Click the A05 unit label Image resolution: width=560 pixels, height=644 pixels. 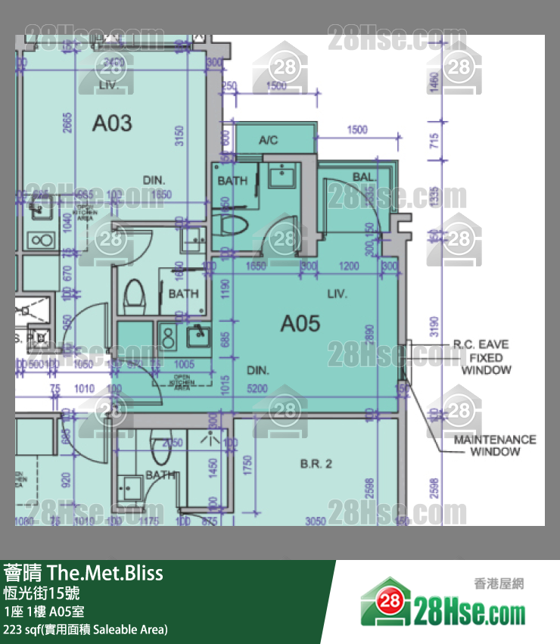[x=300, y=325]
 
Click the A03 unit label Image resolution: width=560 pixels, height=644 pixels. [x=112, y=123]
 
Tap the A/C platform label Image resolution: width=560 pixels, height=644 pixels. [x=269, y=140]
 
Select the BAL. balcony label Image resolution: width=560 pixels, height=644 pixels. [x=363, y=177]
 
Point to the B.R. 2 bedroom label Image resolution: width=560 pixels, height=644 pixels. [x=316, y=464]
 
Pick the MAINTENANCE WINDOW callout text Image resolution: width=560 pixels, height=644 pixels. [x=495, y=446]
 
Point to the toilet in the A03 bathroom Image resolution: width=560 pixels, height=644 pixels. [x=135, y=294]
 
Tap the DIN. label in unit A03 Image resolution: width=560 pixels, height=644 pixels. [x=154, y=180]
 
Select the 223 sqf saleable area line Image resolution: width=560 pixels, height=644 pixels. [x=86, y=630]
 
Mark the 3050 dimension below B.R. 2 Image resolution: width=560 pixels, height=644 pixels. [x=316, y=521]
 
